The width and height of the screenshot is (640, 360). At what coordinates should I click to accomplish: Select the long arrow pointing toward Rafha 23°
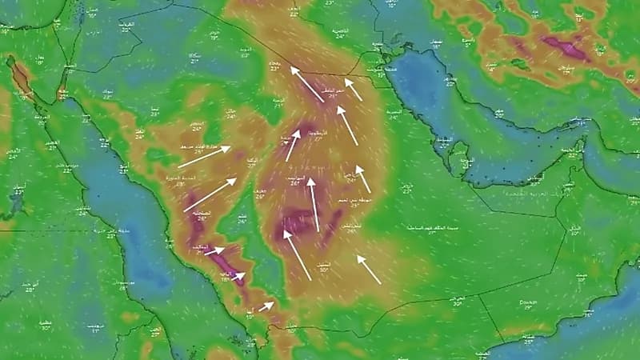(x=307, y=84)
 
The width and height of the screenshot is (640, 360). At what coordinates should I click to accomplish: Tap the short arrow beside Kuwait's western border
(x=353, y=89)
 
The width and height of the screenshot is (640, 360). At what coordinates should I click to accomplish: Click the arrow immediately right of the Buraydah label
(x=293, y=145)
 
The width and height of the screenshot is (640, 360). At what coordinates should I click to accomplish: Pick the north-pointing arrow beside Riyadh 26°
(x=313, y=204)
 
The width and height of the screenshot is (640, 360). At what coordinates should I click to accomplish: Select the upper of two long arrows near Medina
(x=204, y=157)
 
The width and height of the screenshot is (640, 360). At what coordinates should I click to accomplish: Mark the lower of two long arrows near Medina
(x=210, y=194)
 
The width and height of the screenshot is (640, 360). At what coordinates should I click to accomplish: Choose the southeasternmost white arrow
(x=368, y=270)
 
